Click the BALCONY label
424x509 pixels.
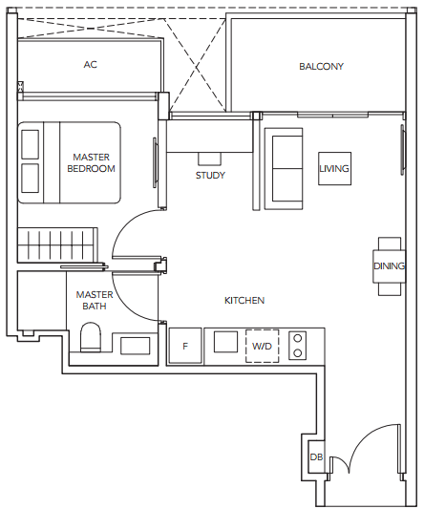pyautogui.click(x=321, y=67)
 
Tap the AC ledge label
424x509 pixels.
pyautogui.click(x=91, y=65)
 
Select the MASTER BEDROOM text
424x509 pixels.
pyautogui.click(x=92, y=163)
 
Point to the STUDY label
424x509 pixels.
pyautogui.click(x=210, y=176)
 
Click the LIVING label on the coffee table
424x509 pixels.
pyautogui.click(x=334, y=169)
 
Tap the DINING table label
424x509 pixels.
pyautogui.click(x=389, y=266)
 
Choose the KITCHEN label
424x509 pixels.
pyautogui.click(x=244, y=301)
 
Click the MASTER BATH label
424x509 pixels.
pyautogui.click(x=95, y=300)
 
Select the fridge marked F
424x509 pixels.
pyautogui.click(x=185, y=346)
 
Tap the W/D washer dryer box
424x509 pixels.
pyautogui.click(x=262, y=346)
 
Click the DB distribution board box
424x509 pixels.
pyautogui.click(x=316, y=456)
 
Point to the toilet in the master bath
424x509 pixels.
pyautogui.click(x=91, y=337)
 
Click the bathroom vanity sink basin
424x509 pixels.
pyautogui.click(x=135, y=346)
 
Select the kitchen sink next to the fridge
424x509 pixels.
pyautogui.click(x=225, y=342)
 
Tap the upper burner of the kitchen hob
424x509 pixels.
pyautogui.click(x=297, y=338)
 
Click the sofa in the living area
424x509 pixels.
pyautogui.click(x=284, y=168)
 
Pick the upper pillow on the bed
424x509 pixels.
pyautogui.click(x=31, y=144)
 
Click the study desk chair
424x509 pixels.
pyautogui.click(x=210, y=159)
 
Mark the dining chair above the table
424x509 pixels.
pyautogui.click(x=390, y=244)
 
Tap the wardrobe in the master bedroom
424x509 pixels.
pyautogui.click(x=57, y=245)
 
